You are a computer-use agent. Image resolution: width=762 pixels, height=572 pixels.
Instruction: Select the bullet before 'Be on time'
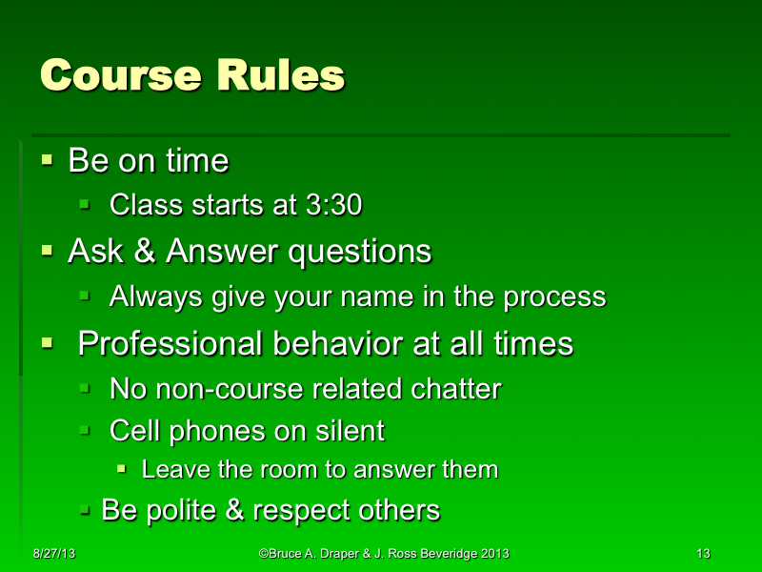47,160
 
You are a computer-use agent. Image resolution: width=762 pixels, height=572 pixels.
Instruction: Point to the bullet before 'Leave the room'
122,470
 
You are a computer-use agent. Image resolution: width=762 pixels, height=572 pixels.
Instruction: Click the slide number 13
704,554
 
